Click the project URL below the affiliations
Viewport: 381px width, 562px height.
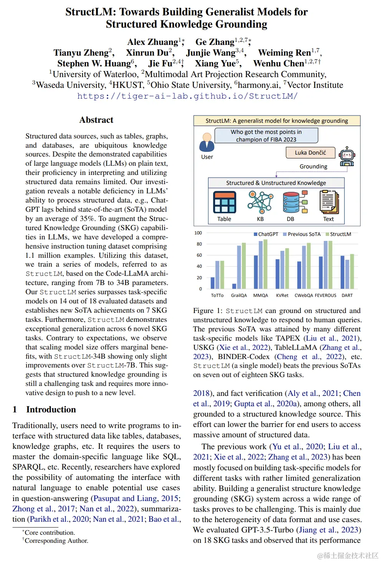click(187, 96)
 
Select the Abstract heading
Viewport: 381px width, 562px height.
click(96, 120)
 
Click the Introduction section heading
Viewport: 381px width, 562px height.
click(51, 409)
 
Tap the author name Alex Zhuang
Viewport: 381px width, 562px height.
click(153, 42)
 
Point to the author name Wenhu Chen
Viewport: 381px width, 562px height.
click(279, 63)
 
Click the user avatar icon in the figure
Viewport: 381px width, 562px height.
click(207, 142)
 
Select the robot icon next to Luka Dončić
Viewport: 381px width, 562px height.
click(347, 156)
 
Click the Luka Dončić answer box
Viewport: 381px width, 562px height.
click(310, 153)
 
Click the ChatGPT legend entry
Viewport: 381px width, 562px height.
click(266, 234)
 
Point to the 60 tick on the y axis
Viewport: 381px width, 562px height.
click(199, 255)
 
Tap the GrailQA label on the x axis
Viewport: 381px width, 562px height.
click(239, 295)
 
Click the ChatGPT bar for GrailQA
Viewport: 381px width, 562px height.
click(234, 286)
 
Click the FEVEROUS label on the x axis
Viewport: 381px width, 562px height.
click(325, 295)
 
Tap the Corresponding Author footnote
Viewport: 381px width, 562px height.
click(56, 541)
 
